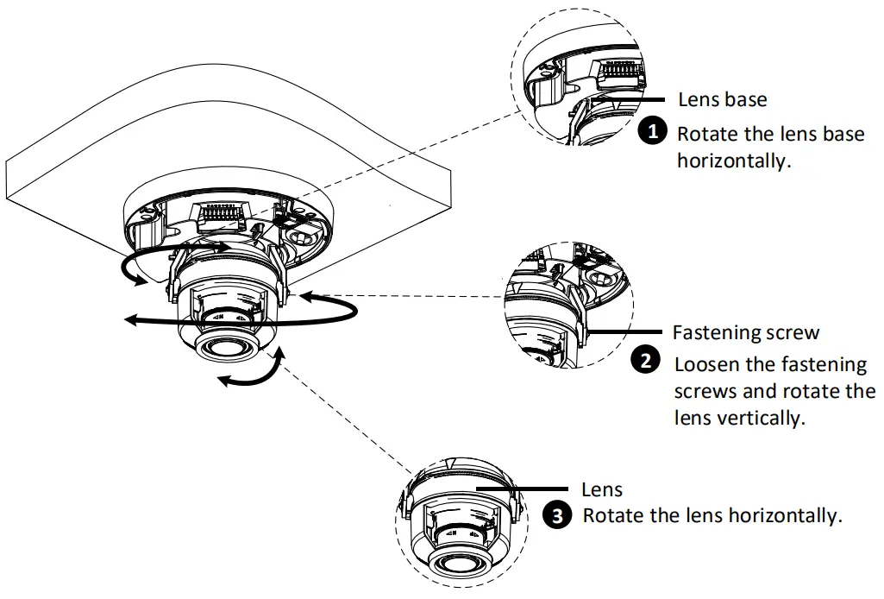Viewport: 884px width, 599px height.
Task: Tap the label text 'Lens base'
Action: (722, 99)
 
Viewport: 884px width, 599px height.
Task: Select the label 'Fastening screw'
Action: (745, 332)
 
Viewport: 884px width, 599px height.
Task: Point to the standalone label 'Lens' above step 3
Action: (601, 489)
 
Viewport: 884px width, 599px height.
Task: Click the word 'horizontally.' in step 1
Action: (733, 161)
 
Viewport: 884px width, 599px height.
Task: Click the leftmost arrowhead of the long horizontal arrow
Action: (129, 320)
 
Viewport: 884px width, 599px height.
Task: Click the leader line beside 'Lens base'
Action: (634, 98)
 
